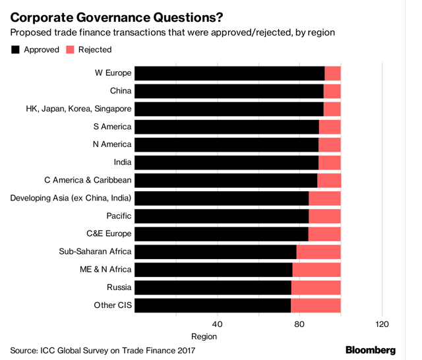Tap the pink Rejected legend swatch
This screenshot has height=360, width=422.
click(x=71, y=50)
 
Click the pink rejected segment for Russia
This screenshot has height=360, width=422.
click(x=316, y=287)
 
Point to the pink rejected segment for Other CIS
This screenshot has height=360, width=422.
click(x=315, y=305)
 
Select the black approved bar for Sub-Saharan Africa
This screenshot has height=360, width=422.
click(x=216, y=251)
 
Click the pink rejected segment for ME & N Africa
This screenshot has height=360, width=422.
click(x=316, y=269)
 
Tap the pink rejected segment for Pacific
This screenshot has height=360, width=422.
click(x=324, y=216)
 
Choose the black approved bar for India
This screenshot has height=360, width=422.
click(x=227, y=162)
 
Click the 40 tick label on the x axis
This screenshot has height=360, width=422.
click(x=218, y=324)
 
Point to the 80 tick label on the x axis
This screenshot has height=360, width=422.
click(x=299, y=324)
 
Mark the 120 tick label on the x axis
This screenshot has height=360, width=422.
click(x=382, y=324)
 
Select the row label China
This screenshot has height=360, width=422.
click(x=120, y=91)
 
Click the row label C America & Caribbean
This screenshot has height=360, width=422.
click(x=88, y=180)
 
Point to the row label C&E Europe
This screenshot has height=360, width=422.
click(x=109, y=233)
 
